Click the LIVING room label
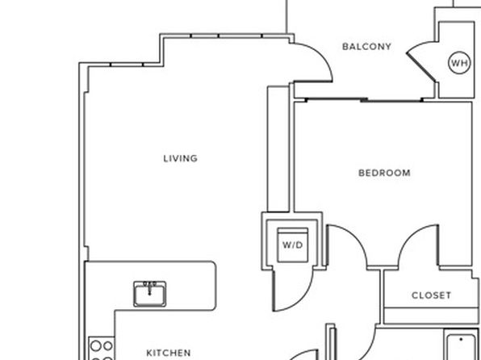click(181, 158)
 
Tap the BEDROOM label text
click(384, 173)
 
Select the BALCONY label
click(366, 47)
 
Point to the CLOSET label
click(431, 295)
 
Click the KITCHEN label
click(169, 353)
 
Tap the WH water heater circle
click(459, 63)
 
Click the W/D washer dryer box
click(293, 245)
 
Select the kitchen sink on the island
click(149, 294)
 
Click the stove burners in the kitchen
click(102, 349)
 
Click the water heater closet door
click(421, 67)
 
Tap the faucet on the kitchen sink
click(149, 287)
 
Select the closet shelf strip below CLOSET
click(431, 315)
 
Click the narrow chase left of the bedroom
click(278, 149)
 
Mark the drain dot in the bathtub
click(461, 340)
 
